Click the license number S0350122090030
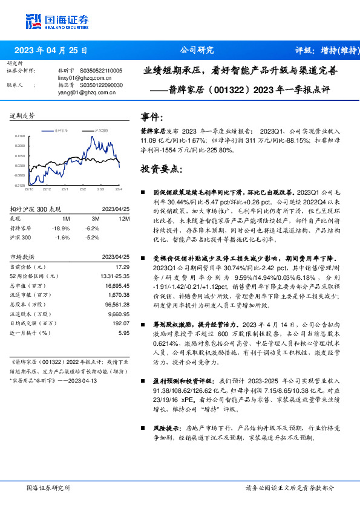click(x=101, y=85)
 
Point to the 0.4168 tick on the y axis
click(x=19, y=137)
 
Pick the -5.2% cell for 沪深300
click(x=93, y=238)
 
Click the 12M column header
click(x=125, y=218)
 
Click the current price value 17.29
click(x=122, y=267)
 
